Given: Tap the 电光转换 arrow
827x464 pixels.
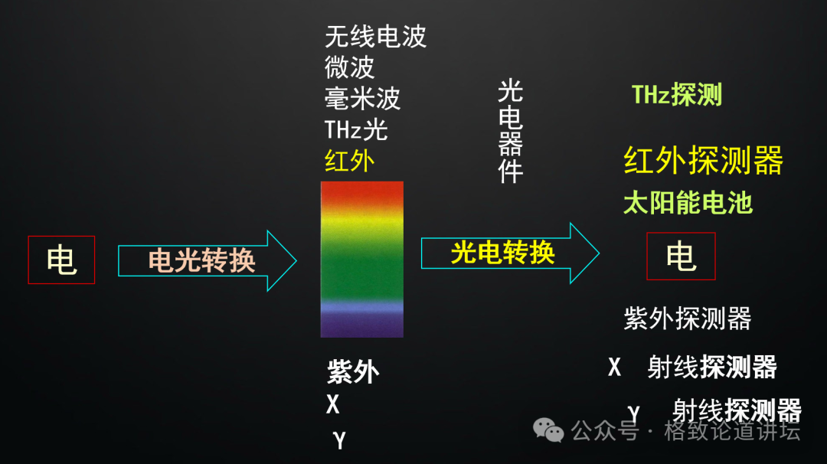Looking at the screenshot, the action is (x=208, y=260).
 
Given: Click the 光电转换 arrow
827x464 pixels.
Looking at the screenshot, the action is (x=510, y=253).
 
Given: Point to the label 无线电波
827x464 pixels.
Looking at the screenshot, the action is (x=375, y=37).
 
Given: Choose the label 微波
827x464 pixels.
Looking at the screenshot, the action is (x=350, y=67).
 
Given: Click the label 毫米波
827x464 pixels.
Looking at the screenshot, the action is (x=362, y=99).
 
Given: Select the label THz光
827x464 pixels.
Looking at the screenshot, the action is (x=356, y=129).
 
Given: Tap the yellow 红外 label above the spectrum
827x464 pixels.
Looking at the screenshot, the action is (x=350, y=161).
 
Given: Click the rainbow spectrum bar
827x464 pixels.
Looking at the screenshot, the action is (x=361, y=260).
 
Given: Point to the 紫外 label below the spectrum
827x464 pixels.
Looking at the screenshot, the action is (x=353, y=372).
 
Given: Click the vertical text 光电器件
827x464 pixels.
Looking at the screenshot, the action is (x=511, y=131).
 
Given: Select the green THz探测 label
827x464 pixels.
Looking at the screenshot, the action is (x=677, y=95).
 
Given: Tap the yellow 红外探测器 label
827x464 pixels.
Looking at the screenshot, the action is (x=704, y=160).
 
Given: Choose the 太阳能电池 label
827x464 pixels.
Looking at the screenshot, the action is (x=688, y=203).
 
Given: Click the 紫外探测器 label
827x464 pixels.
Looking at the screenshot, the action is (x=688, y=319).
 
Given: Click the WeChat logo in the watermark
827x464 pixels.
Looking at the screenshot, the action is (x=548, y=430).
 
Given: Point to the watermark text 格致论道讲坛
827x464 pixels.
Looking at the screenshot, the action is (x=732, y=431).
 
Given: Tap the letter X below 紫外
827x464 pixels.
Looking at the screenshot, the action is (x=333, y=404).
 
